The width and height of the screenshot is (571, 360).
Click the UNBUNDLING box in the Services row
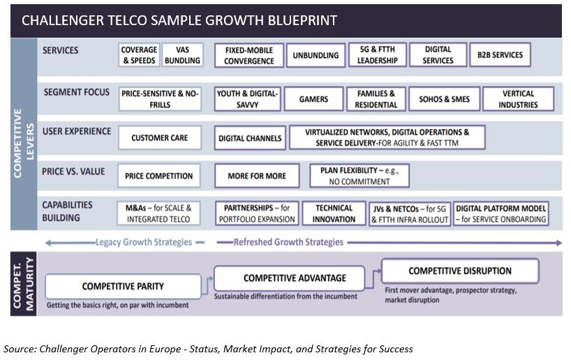[x=316, y=55]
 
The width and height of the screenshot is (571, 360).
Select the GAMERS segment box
[x=313, y=99]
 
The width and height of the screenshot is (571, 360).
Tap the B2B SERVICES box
[x=500, y=55]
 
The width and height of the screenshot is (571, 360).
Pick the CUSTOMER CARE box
[x=159, y=138]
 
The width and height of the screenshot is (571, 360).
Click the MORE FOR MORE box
[x=257, y=176]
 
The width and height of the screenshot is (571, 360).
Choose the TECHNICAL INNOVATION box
[x=334, y=213]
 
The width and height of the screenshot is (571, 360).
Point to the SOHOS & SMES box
[x=444, y=99]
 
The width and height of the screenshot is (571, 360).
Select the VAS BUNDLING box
[x=182, y=55]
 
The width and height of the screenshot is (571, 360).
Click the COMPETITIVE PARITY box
[x=123, y=287]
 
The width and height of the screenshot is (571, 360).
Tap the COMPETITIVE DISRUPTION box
[x=460, y=271]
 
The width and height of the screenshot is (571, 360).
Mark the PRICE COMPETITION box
[x=158, y=176]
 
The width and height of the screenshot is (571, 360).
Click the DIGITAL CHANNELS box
[x=250, y=138]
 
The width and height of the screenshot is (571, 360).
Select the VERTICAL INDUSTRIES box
[x=518, y=99]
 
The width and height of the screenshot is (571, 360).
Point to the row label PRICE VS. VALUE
[x=73, y=172]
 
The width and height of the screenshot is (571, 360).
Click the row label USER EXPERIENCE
[x=77, y=131]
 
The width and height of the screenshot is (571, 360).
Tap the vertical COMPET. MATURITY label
[x=23, y=283]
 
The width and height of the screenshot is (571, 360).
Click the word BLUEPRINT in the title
[x=302, y=20]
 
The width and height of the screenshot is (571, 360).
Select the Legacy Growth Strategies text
[x=144, y=242]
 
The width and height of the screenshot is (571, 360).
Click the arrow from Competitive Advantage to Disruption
[x=373, y=279]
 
